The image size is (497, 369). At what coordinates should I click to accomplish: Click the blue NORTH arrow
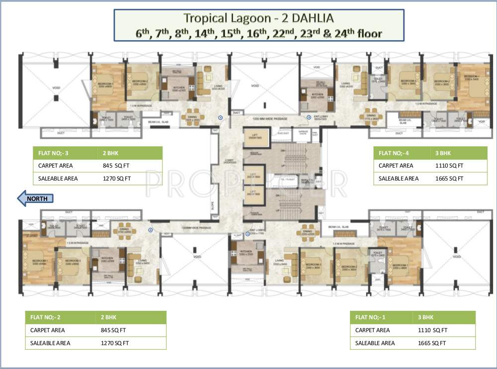pyautogui.click(x=35, y=198)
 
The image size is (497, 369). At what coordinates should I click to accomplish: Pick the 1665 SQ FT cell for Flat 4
pyautogui.click(x=447, y=178)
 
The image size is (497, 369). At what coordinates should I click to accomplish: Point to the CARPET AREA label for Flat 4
pyautogui.click(x=396, y=166)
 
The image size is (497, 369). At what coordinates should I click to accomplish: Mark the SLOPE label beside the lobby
pyautogui.click(x=213, y=203)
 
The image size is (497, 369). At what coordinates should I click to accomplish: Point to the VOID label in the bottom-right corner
pyautogui.click(x=456, y=257)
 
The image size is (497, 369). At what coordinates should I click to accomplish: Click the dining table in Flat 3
pyautogui.click(x=191, y=115)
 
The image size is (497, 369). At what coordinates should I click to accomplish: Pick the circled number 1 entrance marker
pyautogui.click(x=247, y=234)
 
